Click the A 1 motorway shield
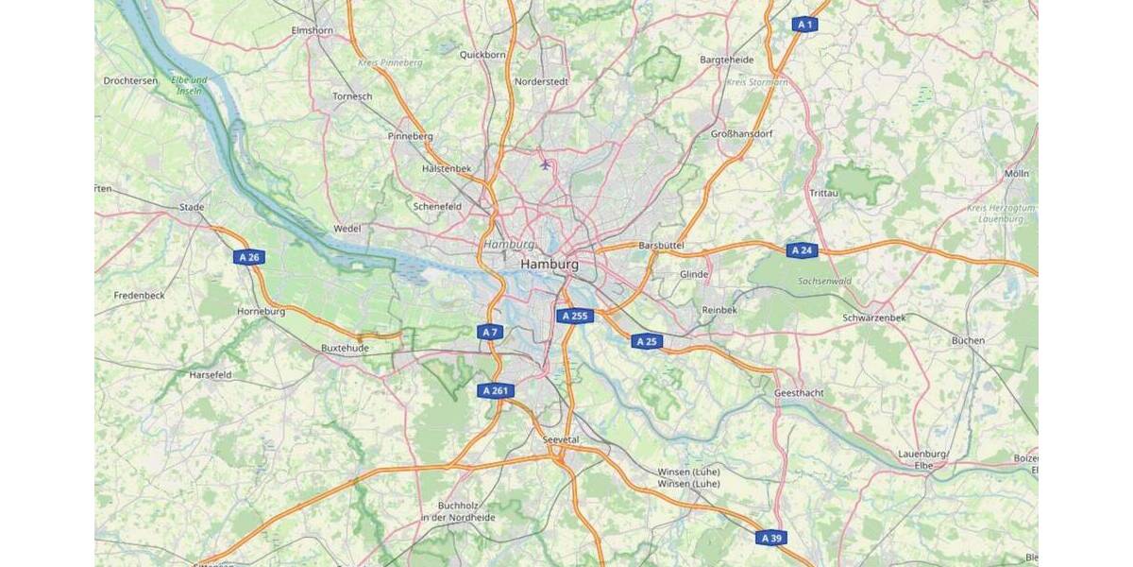[x=803, y=25]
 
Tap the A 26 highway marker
[x=249, y=257]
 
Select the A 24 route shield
[x=802, y=250]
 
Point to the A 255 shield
[x=574, y=317]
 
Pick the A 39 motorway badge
[x=770, y=538]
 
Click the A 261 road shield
[x=497, y=390]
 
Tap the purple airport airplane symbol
[x=545, y=164]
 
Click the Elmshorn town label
[x=313, y=31]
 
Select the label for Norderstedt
[x=541, y=81]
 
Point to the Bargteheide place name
[x=726, y=60]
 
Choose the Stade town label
[x=192, y=206]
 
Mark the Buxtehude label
[x=345, y=348]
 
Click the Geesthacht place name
[x=799, y=392]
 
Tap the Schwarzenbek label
[x=873, y=318]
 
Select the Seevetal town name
[x=561, y=440]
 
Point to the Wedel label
[x=347, y=229]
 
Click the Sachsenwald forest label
[x=824, y=282]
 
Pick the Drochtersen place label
[x=130, y=81]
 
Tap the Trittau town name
[x=823, y=193]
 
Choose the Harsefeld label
[x=211, y=375]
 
